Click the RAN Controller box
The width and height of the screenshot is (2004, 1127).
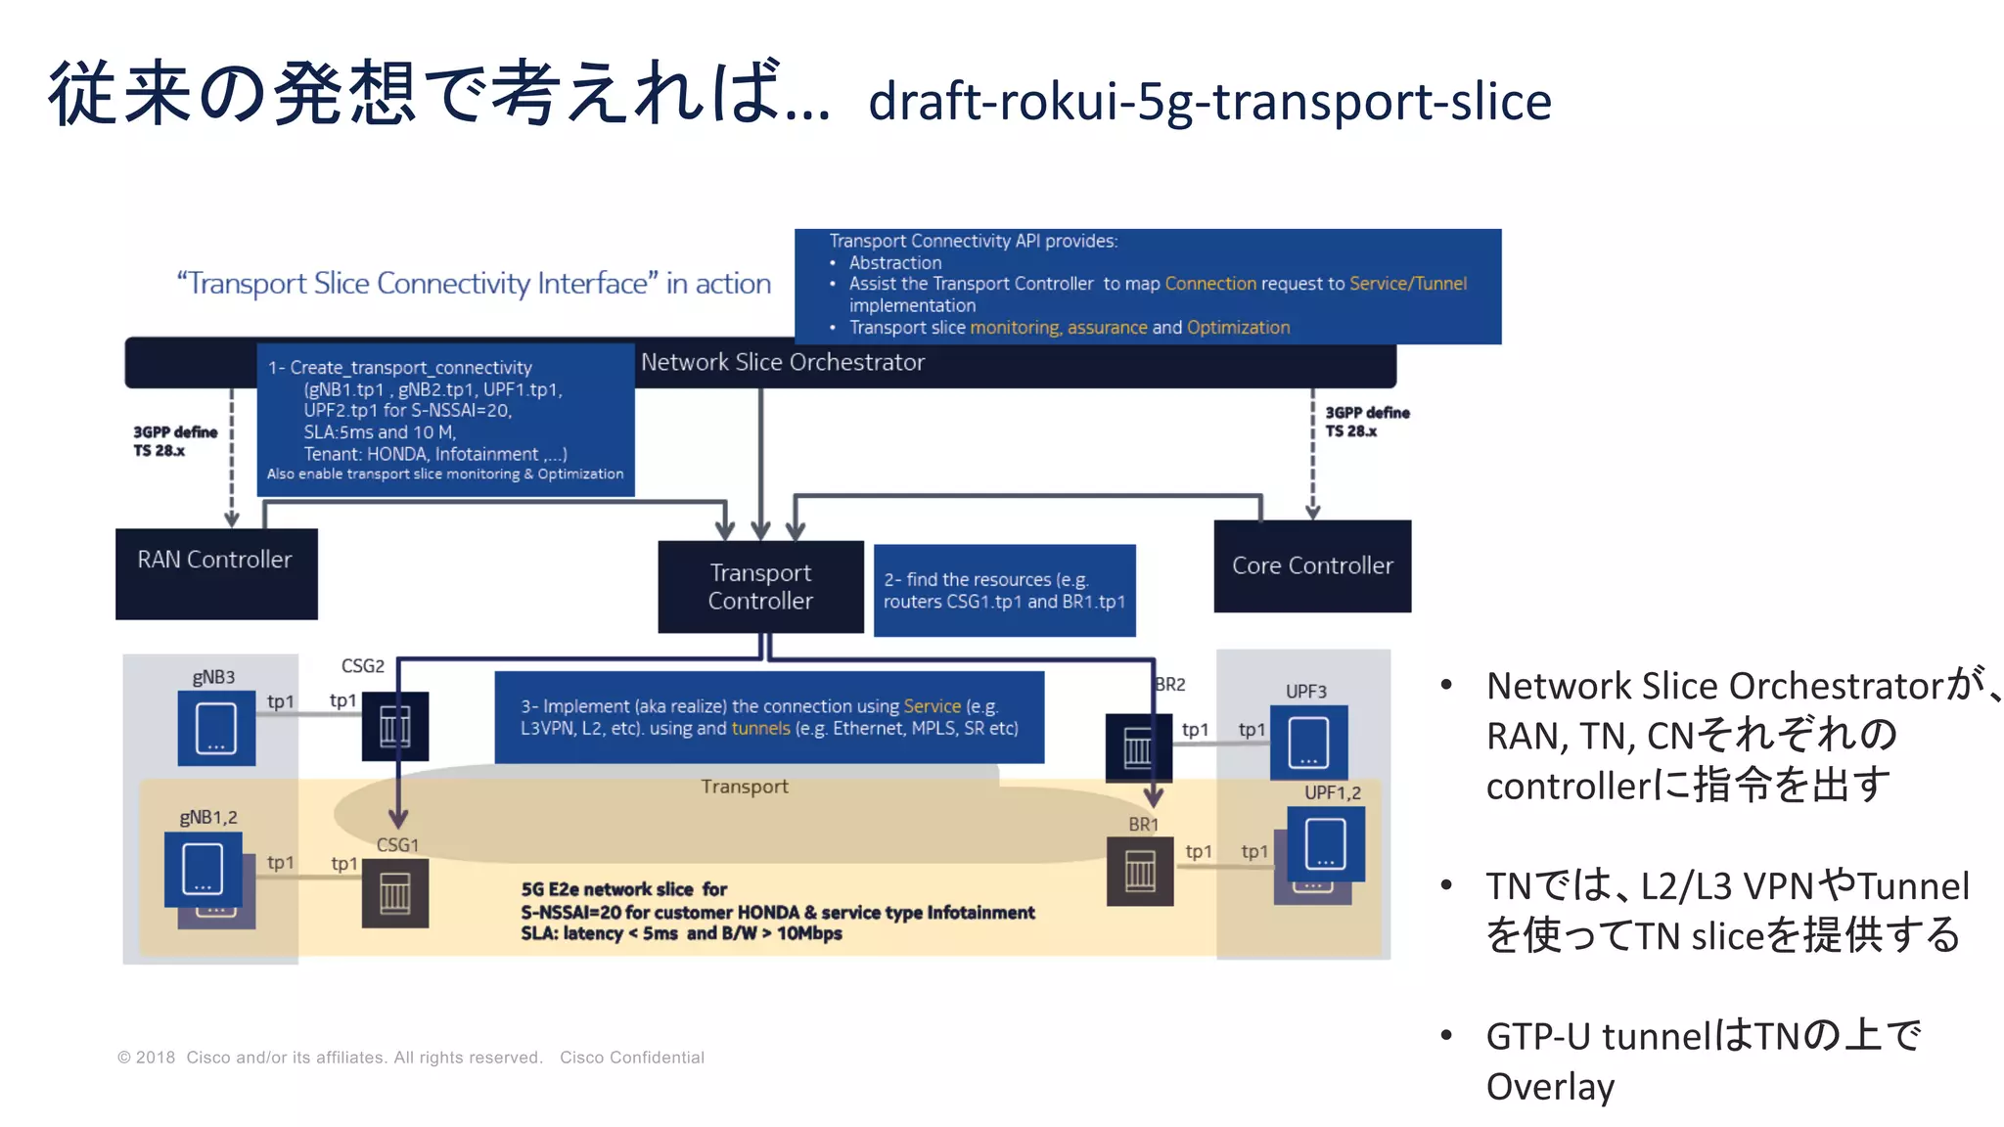[216, 573]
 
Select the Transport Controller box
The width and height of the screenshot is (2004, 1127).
[760, 586]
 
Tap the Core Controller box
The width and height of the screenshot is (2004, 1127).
[1312, 565]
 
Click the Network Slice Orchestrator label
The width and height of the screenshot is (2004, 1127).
[782, 362]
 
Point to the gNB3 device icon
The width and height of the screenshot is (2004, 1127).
[216, 728]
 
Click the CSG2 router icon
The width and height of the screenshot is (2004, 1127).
[395, 726]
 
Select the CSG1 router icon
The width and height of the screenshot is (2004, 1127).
[395, 893]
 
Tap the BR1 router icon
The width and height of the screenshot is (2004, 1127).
[1140, 871]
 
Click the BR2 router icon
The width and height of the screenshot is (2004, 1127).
[1138, 748]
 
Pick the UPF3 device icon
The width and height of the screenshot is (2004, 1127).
[1308, 743]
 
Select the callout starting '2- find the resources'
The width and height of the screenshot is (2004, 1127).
[1004, 590]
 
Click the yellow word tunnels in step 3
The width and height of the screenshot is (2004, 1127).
[760, 728]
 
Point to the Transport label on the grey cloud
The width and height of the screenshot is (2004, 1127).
[744, 787]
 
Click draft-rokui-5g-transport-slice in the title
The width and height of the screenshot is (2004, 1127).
[1209, 101]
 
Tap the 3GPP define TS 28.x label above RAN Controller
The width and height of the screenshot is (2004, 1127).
[174, 441]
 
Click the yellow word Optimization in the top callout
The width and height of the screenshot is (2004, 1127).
[1238, 328]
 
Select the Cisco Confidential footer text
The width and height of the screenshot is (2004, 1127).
[632, 1058]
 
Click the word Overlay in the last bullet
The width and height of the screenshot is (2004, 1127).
[1550, 1086]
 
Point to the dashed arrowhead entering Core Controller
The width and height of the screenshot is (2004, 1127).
[1312, 512]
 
